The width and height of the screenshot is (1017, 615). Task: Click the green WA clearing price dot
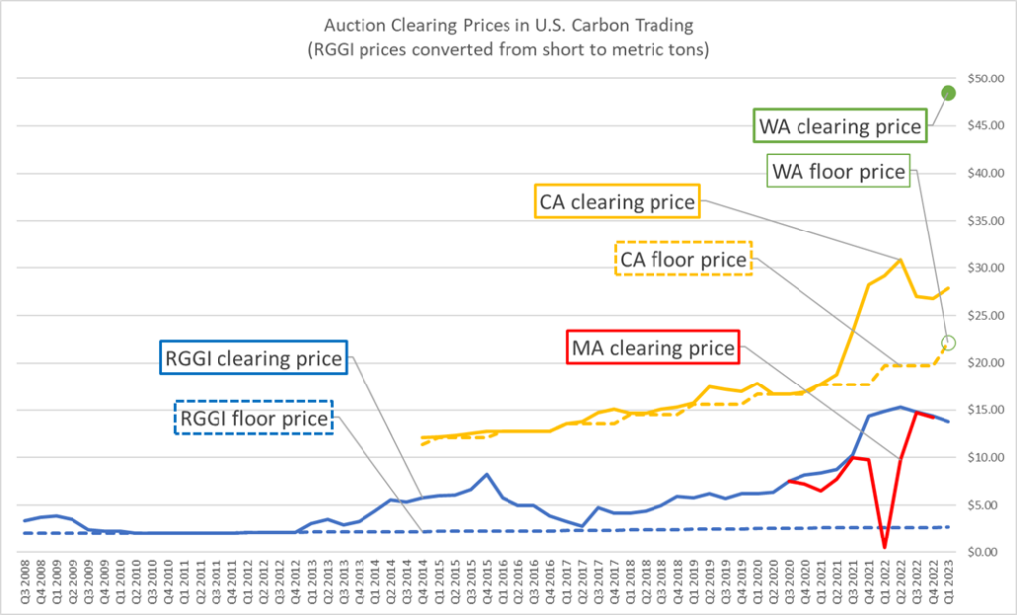(x=947, y=92)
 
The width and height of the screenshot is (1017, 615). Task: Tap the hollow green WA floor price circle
(x=947, y=342)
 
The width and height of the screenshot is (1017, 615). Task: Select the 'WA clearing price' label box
(x=838, y=126)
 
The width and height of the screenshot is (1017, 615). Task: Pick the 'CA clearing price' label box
(x=618, y=202)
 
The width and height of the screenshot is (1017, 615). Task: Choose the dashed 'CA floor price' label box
(x=683, y=259)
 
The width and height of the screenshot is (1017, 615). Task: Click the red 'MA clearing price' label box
(x=654, y=348)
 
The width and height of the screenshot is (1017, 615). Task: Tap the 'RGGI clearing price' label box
(x=253, y=358)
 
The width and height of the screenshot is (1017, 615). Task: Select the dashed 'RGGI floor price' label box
(x=253, y=418)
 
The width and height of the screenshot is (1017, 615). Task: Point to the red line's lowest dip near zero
(x=884, y=546)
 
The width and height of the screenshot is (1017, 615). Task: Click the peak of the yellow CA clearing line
(x=900, y=260)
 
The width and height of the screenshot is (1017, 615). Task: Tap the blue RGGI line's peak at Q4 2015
(x=487, y=474)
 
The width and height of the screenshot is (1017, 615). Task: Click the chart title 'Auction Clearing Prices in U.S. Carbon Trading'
(x=507, y=28)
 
